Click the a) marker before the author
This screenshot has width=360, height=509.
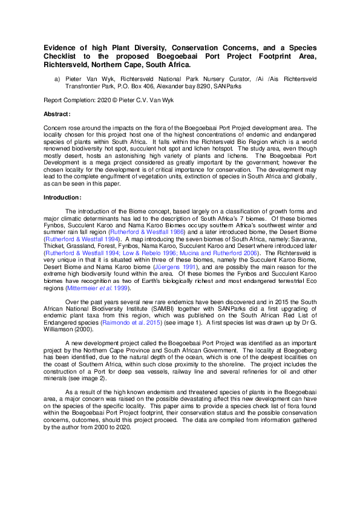coord(57,79)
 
